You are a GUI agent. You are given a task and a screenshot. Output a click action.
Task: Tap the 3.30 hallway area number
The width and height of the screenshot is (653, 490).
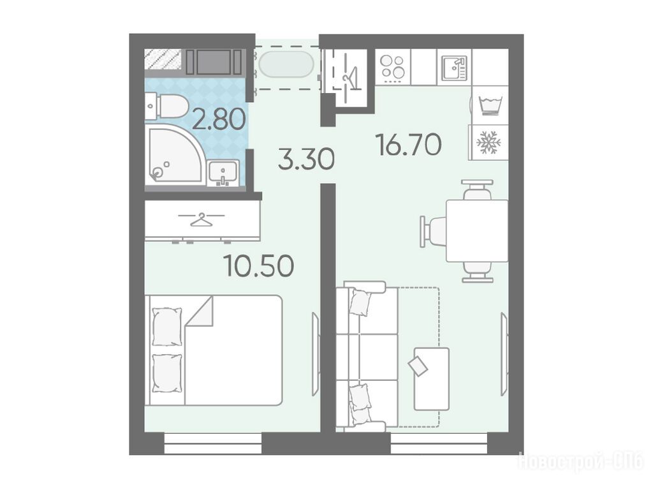306,160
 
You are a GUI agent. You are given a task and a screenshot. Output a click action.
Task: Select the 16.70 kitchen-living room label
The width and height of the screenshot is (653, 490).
409,144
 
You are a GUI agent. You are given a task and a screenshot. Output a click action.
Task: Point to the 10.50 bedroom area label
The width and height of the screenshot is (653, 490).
259,265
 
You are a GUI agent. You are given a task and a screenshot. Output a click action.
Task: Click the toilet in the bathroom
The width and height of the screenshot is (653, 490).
166,106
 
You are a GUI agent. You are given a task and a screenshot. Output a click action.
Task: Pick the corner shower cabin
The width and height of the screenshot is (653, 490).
175,154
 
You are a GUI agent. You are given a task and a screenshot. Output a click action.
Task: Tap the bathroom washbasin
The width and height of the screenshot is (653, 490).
223,173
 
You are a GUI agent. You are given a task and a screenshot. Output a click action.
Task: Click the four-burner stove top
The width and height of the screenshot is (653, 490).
393,67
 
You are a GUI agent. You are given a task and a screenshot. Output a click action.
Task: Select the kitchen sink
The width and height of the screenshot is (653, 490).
454,68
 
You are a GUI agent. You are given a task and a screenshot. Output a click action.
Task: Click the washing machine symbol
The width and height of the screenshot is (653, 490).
490,106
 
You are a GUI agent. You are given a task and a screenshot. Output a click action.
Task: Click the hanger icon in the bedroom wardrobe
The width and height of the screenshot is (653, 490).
201,219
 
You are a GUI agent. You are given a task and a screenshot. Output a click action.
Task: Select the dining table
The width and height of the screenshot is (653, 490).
477,231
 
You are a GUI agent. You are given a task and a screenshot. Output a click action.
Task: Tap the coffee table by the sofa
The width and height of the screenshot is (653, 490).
431,379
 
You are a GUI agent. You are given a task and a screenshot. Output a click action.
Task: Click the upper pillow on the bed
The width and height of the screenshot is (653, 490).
167,327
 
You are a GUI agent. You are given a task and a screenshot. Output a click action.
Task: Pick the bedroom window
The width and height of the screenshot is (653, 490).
213,443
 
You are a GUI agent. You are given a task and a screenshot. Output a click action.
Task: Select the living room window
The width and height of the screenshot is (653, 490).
439,443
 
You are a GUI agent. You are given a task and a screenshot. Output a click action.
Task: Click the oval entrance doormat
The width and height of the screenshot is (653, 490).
286,64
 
